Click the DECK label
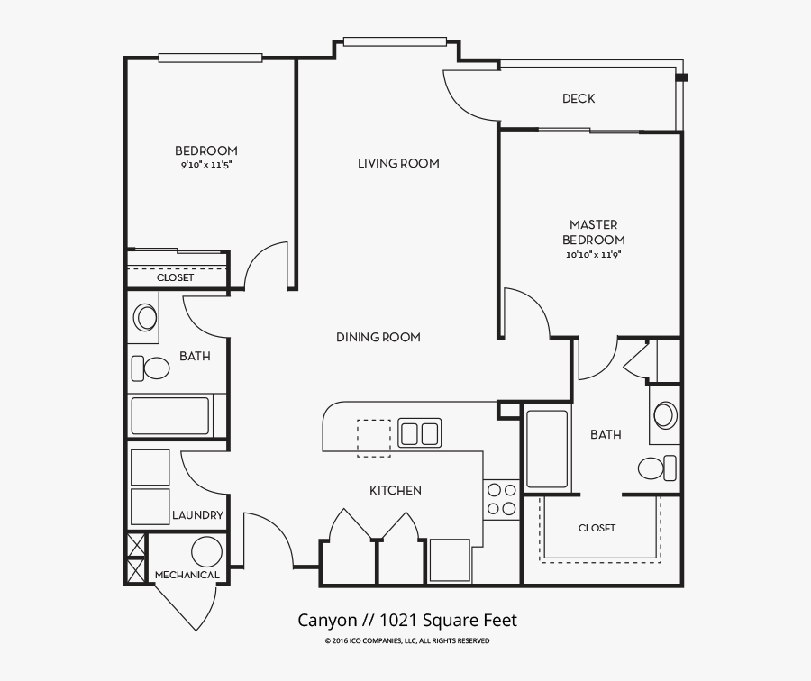point(578,98)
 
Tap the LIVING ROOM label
point(398,163)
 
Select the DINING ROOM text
point(378,337)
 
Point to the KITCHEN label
point(396,490)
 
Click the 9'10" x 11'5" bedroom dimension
point(206,165)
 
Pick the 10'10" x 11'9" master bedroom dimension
point(593,255)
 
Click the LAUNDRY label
point(197,515)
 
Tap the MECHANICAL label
point(187,575)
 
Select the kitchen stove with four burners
point(501,499)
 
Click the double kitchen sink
point(419,433)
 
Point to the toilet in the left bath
point(150,368)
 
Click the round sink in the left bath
point(144,317)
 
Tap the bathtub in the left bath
point(170,415)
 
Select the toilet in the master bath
point(657,468)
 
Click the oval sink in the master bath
point(665,414)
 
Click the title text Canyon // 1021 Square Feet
point(407,620)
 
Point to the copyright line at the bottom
point(407,641)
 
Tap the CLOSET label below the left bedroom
point(175,277)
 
